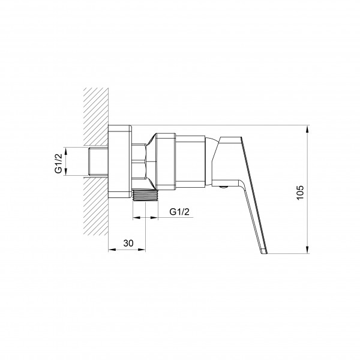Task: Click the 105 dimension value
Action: coord(300,193)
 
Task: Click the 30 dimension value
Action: coord(128,243)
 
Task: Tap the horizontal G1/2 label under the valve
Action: coord(179,212)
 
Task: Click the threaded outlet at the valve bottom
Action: coord(145,195)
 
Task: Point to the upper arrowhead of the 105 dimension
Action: coord(307,129)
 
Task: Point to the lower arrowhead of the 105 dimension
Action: coord(307,250)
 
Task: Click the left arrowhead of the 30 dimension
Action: coord(112,250)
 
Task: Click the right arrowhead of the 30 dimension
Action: coord(142,250)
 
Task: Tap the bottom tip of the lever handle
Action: coord(265,253)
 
